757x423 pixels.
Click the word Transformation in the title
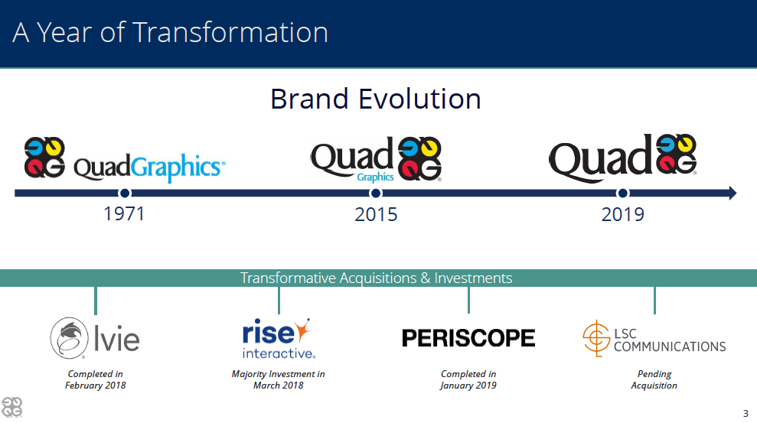pyautogui.click(x=230, y=32)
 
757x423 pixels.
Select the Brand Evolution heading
pyautogui.click(x=376, y=99)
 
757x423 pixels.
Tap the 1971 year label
pyautogui.click(x=124, y=213)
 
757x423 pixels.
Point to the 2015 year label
pyautogui.click(x=376, y=214)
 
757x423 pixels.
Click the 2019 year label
pyautogui.click(x=623, y=214)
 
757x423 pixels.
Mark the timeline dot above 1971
pyautogui.click(x=125, y=193)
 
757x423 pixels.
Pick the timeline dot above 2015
pyautogui.click(x=376, y=193)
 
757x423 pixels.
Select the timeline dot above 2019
pyautogui.click(x=623, y=193)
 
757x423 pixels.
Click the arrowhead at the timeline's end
pyautogui.click(x=733, y=193)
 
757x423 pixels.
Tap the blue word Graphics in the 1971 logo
pyautogui.click(x=178, y=168)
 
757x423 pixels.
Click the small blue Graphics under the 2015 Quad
pyautogui.click(x=375, y=177)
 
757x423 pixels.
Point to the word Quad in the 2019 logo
pyautogui.click(x=600, y=158)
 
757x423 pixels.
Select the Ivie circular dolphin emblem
pyautogui.click(x=70, y=338)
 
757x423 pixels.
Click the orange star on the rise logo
pyautogui.click(x=302, y=330)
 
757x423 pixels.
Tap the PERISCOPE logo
pyautogui.click(x=468, y=337)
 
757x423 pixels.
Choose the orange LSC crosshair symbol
pyautogui.click(x=597, y=338)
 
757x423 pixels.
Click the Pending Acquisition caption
pyautogui.click(x=654, y=379)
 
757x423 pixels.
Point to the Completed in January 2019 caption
pyautogui.click(x=468, y=379)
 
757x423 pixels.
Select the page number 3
pyautogui.click(x=746, y=413)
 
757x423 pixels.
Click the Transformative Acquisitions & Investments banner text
pyautogui.click(x=376, y=278)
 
